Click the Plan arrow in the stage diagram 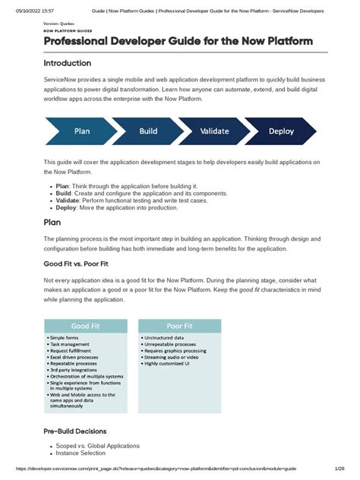point(82,131)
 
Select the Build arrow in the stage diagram point(148,131)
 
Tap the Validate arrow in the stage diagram point(214,131)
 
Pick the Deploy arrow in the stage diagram point(281,131)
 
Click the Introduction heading point(67,63)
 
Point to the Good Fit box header point(86,326)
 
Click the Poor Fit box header point(179,326)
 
